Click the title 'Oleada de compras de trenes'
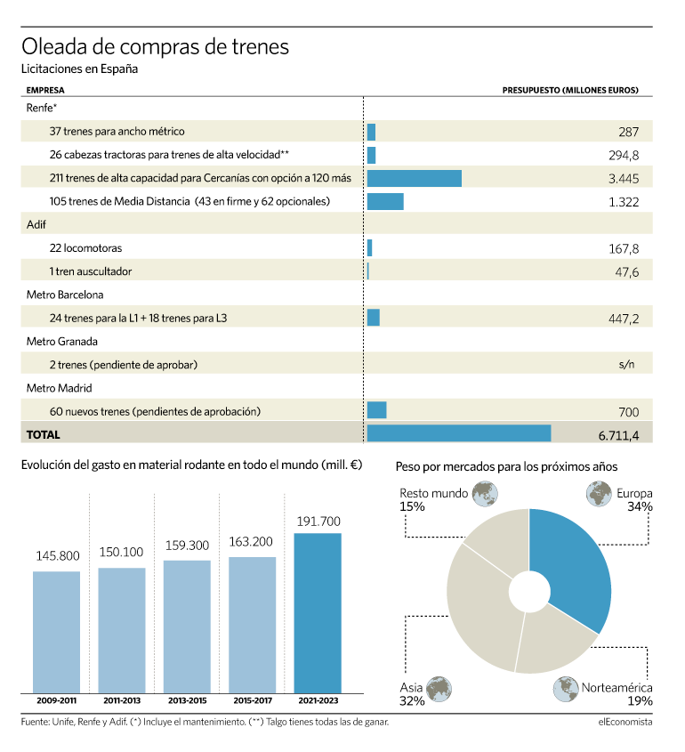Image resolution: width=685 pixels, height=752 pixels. pyautogui.click(x=156, y=47)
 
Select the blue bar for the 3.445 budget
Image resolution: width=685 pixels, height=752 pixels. pyautogui.click(x=415, y=178)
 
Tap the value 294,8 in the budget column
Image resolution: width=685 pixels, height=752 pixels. pyautogui.click(x=624, y=156)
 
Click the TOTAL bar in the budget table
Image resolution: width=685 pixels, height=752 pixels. pyautogui.click(x=459, y=433)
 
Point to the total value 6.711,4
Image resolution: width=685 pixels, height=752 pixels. pyautogui.click(x=618, y=435)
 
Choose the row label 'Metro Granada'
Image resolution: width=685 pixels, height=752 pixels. pyautogui.click(x=62, y=342)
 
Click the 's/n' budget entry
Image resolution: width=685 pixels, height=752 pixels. pyautogui.click(x=626, y=365)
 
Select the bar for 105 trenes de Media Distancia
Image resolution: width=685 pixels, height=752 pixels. pyautogui.click(x=385, y=201)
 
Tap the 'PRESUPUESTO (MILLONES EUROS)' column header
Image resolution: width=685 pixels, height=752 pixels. pyautogui.click(x=570, y=90)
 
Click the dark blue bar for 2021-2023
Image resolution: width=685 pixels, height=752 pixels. pyautogui.click(x=318, y=613)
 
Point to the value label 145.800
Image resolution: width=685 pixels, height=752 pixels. pyautogui.click(x=58, y=556)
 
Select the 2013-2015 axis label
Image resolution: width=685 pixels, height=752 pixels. pyautogui.click(x=188, y=700)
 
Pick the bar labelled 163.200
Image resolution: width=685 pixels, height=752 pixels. pyautogui.click(x=252, y=625)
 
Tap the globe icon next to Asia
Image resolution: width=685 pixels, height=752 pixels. pyautogui.click(x=439, y=689)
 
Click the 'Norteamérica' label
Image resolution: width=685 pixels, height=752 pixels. pyautogui.click(x=616, y=688)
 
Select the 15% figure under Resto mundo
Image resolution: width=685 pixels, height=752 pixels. pyautogui.click(x=412, y=507)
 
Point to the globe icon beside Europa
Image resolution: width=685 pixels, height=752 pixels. pyautogui.click(x=599, y=494)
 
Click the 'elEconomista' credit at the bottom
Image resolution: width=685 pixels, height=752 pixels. pyautogui.click(x=625, y=722)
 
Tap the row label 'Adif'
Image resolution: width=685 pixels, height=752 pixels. pyautogui.click(x=36, y=224)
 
